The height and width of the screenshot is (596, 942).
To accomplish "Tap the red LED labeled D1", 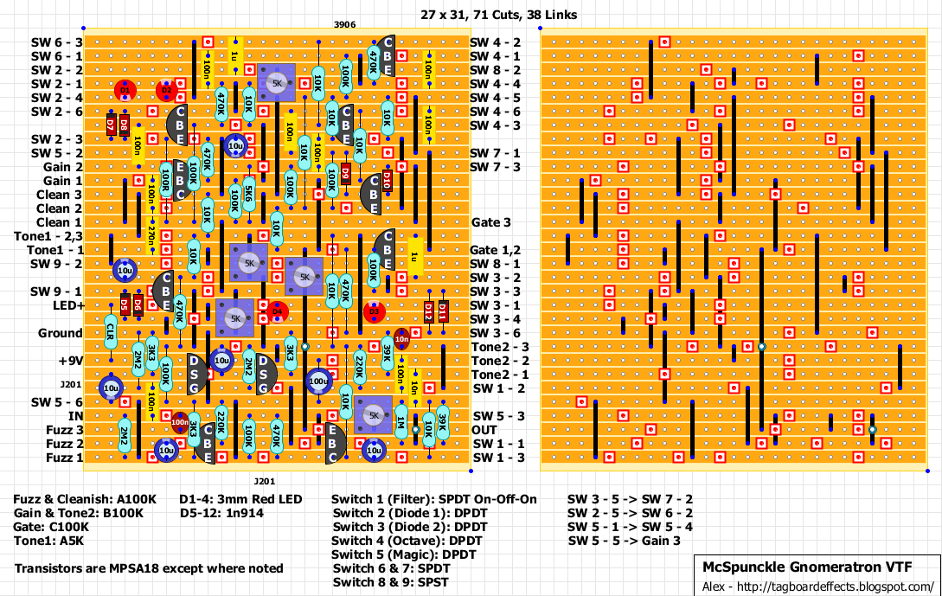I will point(125,90).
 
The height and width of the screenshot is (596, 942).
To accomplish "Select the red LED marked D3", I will point(374,311).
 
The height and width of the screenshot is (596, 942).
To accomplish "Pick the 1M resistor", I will point(401,423).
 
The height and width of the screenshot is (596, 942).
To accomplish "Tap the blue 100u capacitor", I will point(317,381).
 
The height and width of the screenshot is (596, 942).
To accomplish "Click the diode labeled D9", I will point(346,174).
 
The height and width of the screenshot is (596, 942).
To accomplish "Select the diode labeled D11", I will point(442,311).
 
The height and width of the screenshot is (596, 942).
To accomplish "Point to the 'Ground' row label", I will point(61,333).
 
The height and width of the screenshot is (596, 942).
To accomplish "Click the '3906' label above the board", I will point(344,26).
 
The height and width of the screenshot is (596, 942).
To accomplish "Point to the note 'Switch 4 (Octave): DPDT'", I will point(407,541).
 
